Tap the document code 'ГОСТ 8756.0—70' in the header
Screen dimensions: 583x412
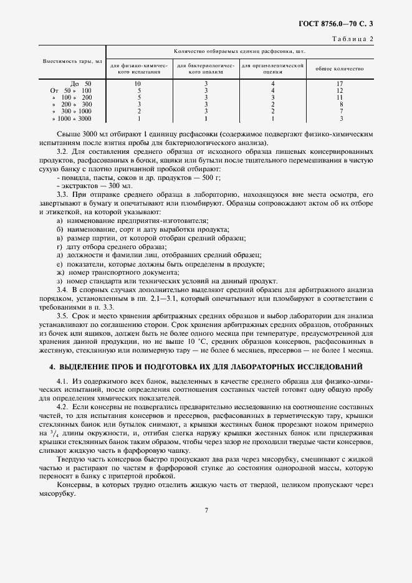(323, 25)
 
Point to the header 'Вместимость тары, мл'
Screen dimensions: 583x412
(72, 62)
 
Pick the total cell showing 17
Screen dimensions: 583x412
(340, 83)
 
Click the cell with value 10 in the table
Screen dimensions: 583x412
(138, 83)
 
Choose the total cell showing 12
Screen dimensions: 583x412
(340, 90)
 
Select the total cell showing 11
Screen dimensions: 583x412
(340, 97)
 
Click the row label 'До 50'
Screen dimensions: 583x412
(81, 83)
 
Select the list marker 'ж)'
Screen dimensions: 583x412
(60, 272)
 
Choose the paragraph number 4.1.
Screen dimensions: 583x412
(62, 379)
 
